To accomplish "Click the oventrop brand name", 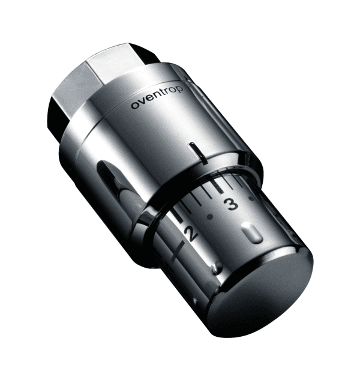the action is click(157, 98).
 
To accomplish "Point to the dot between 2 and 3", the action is click(209, 216).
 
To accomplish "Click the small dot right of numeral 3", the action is click(252, 198).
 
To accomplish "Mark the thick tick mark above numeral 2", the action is click(178, 214).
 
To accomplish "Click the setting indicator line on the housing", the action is click(198, 153).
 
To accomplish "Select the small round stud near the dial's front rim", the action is click(216, 268).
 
